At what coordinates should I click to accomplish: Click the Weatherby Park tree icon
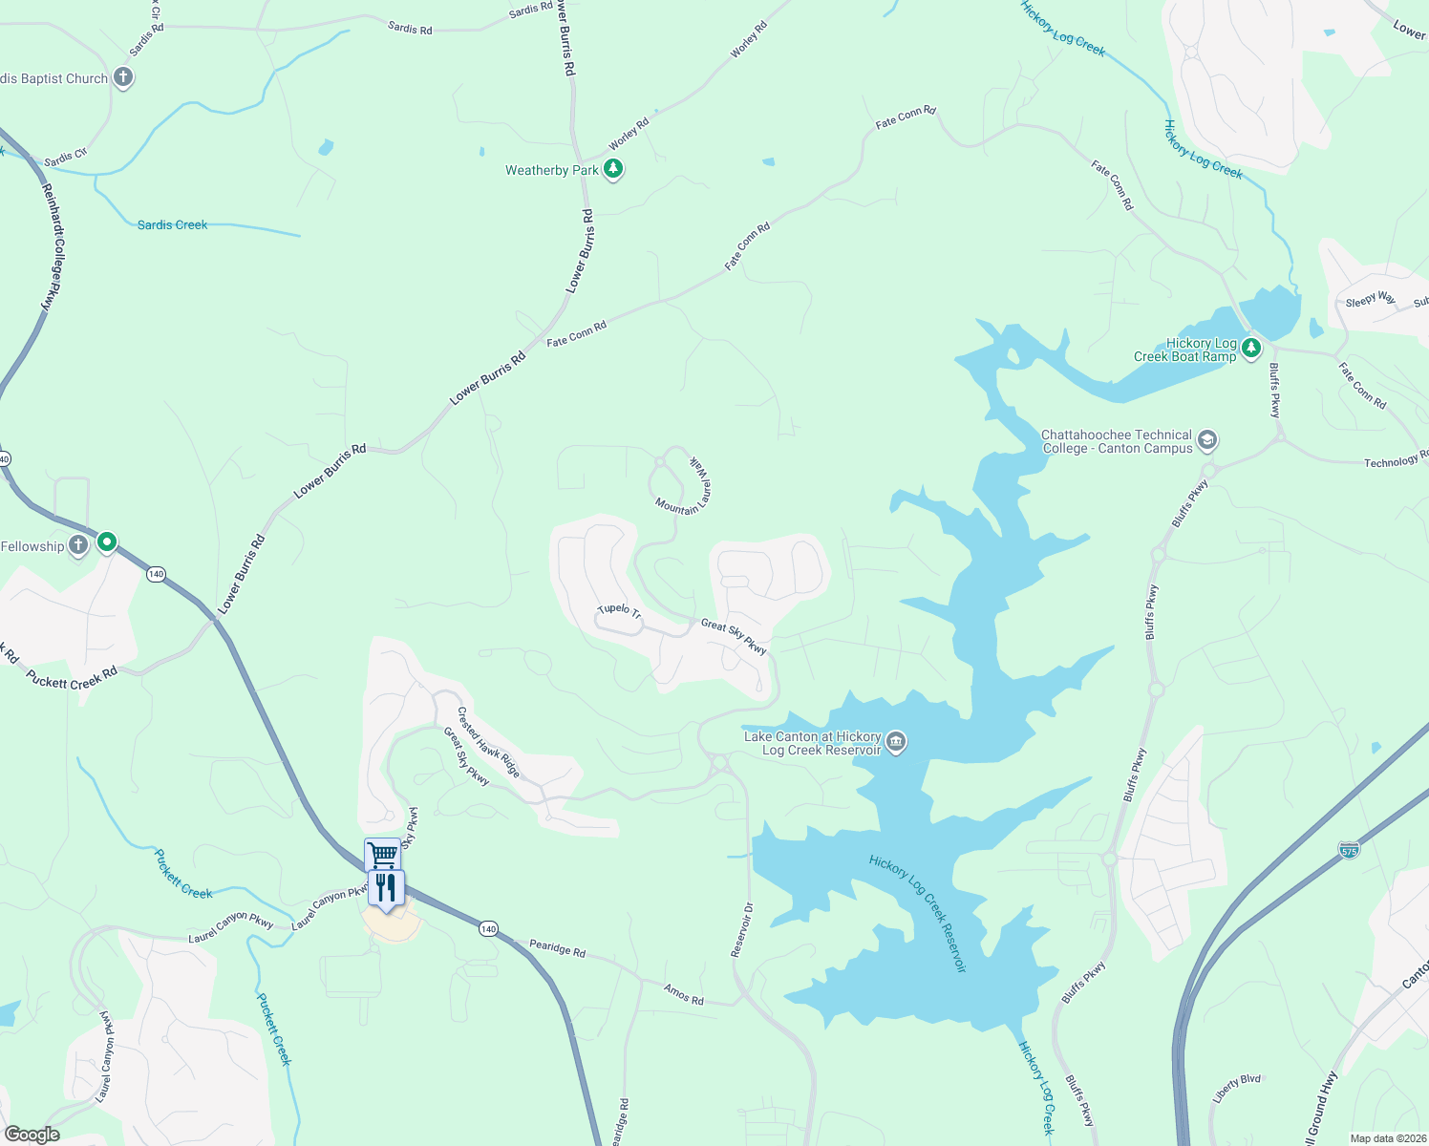(x=613, y=170)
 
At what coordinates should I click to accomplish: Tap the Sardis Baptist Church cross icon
(x=123, y=77)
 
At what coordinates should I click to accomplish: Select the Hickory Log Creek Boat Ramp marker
(x=1251, y=348)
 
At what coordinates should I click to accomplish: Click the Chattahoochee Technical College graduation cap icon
(x=1207, y=440)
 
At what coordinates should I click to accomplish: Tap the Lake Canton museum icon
(x=896, y=741)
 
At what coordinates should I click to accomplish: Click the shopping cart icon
(x=382, y=853)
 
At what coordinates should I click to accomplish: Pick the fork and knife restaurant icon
(x=386, y=887)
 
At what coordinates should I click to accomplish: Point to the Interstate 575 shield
(x=1348, y=848)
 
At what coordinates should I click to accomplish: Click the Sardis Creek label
(x=172, y=225)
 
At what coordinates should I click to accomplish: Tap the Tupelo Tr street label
(x=619, y=610)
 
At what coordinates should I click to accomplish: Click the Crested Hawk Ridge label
(x=488, y=742)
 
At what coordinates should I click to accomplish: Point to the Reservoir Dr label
(x=742, y=929)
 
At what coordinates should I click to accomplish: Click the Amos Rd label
(x=684, y=994)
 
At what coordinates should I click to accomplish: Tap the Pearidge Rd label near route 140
(x=557, y=948)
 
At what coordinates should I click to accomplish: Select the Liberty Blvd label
(x=1236, y=1088)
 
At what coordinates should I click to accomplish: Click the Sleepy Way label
(x=1370, y=299)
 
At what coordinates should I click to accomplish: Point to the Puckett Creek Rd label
(x=73, y=679)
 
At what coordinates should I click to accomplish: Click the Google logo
(x=32, y=1135)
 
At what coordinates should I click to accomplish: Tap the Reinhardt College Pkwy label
(x=53, y=246)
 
